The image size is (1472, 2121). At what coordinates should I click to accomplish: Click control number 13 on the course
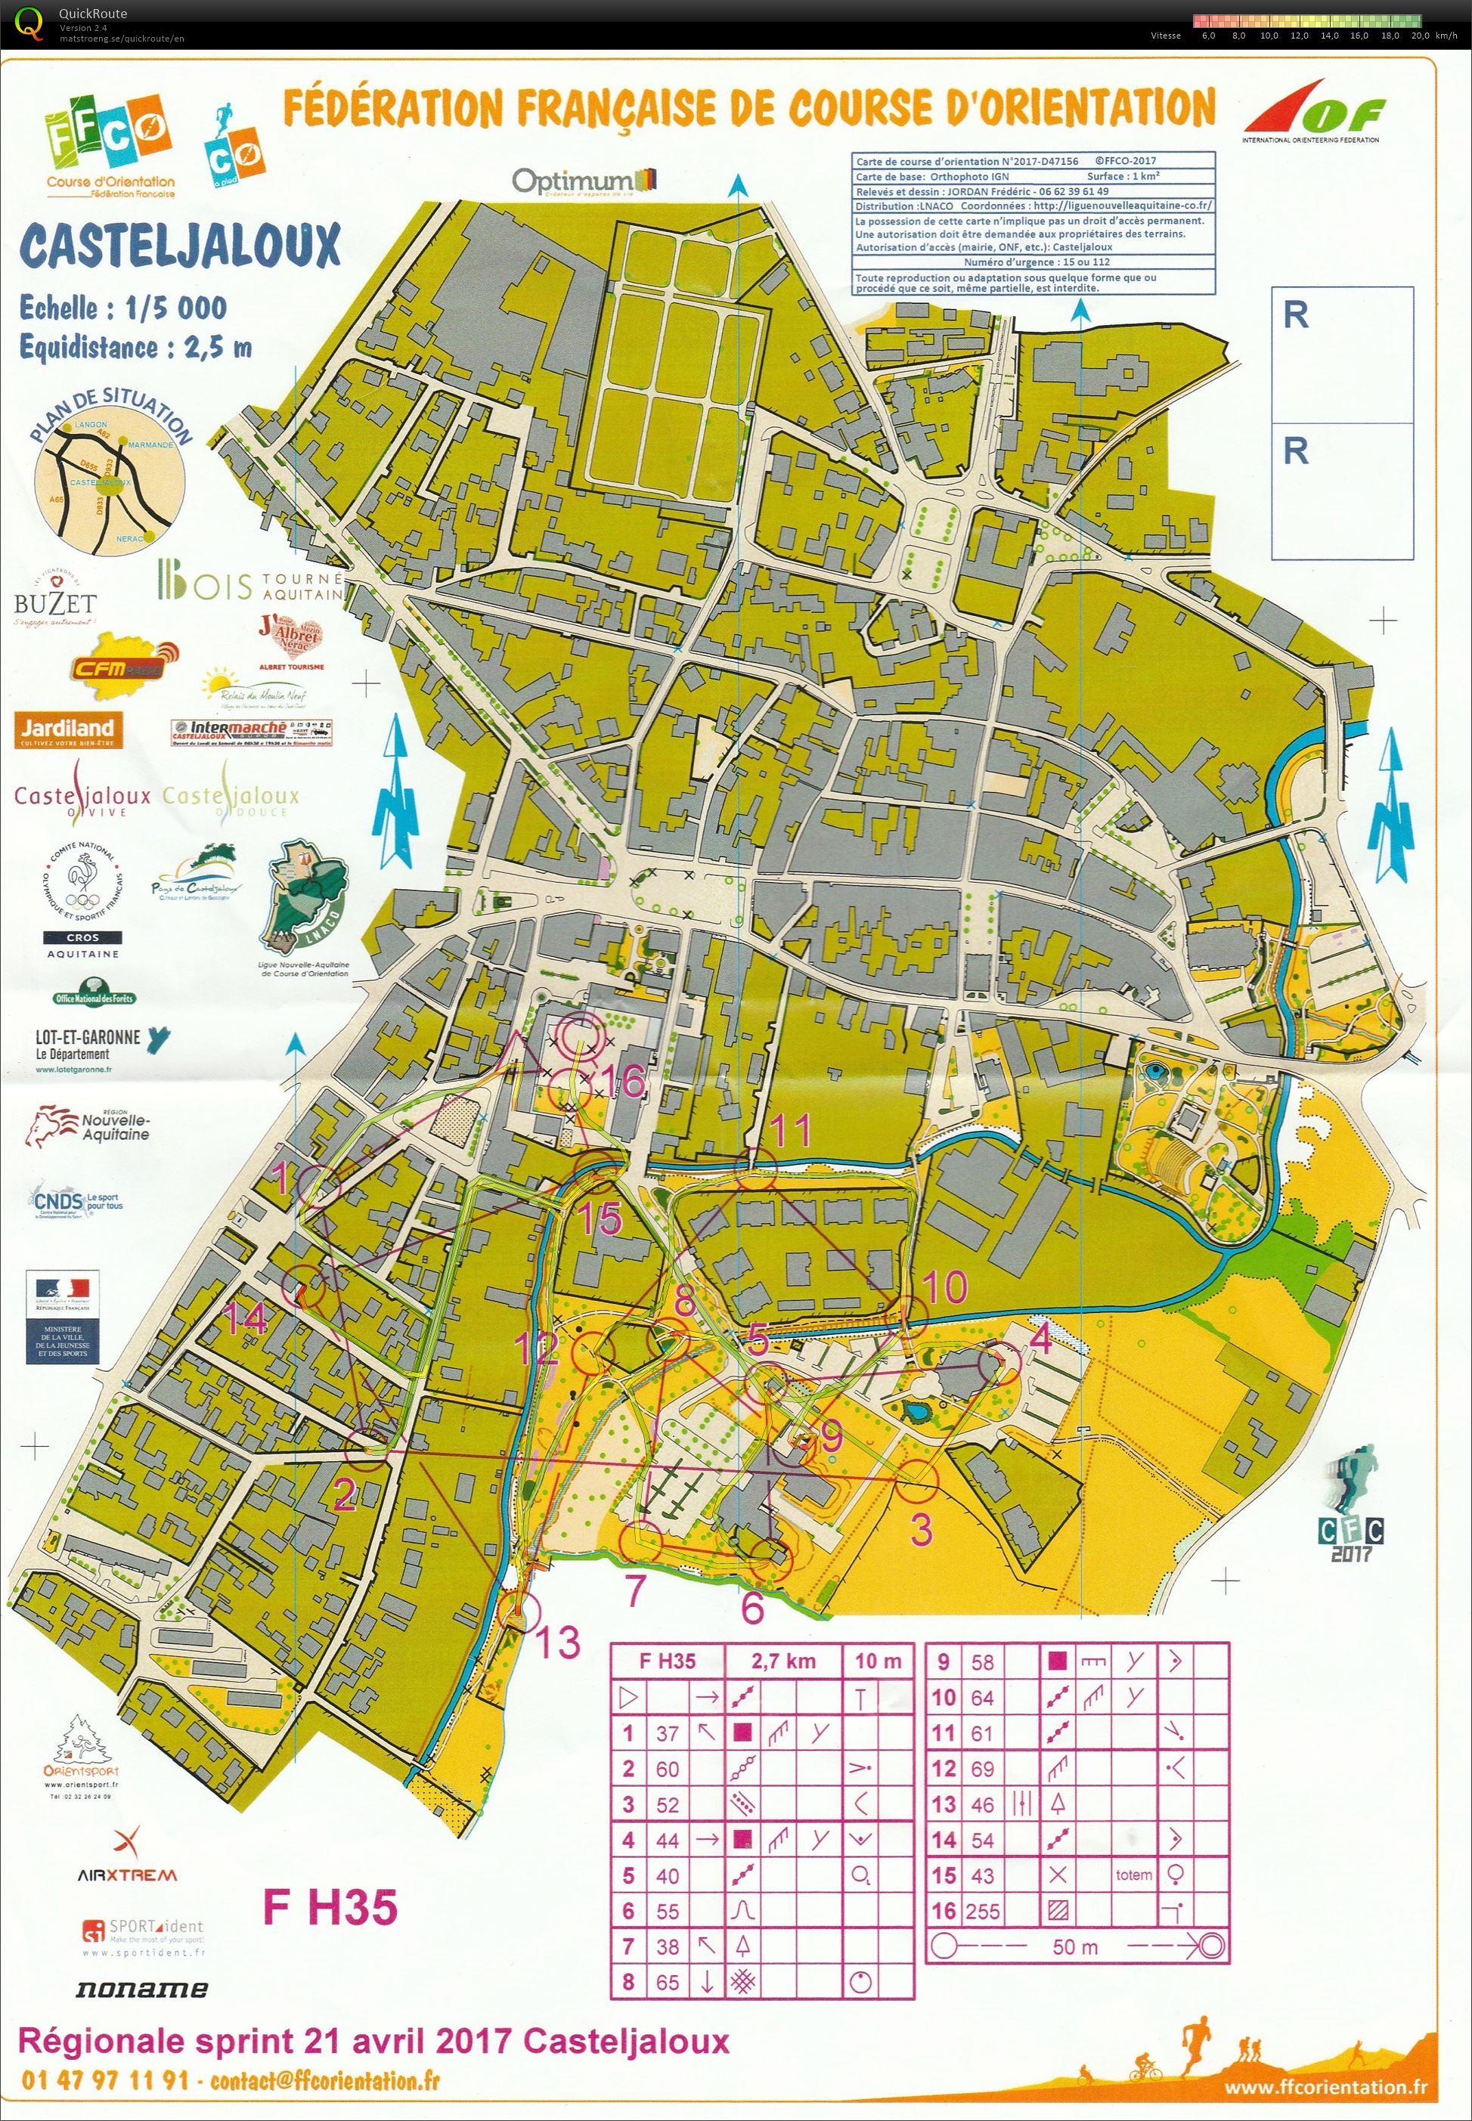point(558,1643)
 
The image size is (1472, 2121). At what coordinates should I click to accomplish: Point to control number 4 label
point(1041,1338)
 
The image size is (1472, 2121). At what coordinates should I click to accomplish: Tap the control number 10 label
point(944,1287)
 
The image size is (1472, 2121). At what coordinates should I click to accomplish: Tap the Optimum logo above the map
point(584,181)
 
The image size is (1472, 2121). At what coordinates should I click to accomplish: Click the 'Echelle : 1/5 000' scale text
point(122,308)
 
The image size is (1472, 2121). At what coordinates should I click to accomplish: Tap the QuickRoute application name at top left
point(93,13)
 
